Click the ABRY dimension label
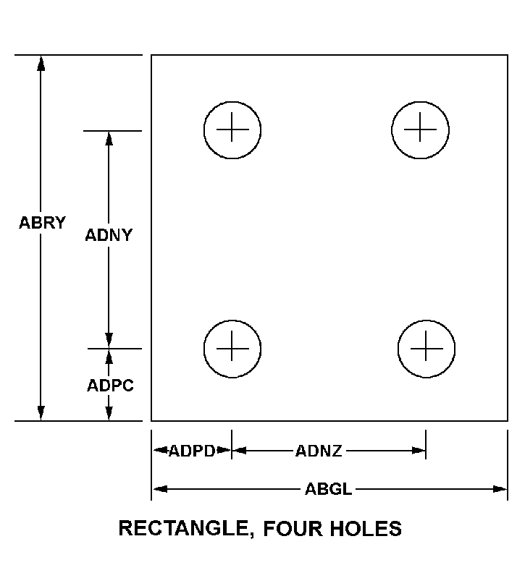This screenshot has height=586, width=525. [x=42, y=223]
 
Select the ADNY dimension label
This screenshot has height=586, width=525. [x=109, y=235]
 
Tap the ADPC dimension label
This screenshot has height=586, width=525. [x=110, y=386]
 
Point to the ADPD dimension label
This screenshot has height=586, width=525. [x=193, y=451]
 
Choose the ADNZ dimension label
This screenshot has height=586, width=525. [x=319, y=451]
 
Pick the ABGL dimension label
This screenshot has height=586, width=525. [x=329, y=489]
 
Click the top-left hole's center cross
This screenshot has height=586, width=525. [x=232, y=129]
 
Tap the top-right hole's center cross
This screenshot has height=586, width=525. [x=420, y=129]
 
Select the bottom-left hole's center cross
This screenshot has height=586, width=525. [x=232, y=348]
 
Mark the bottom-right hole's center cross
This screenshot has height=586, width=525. [x=427, y=348]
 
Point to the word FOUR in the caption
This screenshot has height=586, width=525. [x=293, y=528]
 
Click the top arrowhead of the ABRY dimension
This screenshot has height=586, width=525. [x=41, y=63]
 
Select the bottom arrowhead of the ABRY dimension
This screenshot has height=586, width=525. [x=41, y=413]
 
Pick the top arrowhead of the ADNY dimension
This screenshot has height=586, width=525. [x=109, y=139]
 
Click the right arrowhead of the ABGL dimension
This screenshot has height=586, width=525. [x=500, y=489]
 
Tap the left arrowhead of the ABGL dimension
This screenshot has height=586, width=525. [x=160, y=489]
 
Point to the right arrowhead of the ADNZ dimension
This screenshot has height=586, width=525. [x=419, y=451]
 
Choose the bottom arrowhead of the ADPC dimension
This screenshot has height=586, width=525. [x=109, y=413]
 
